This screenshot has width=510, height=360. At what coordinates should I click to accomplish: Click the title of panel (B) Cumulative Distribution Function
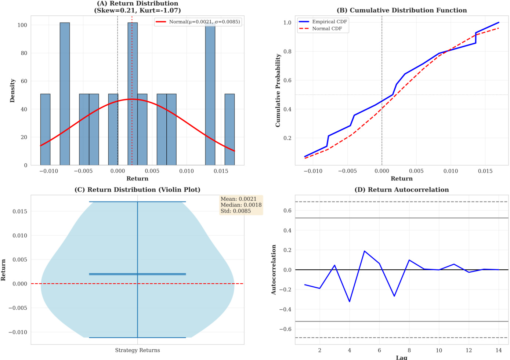[x=402, y=10]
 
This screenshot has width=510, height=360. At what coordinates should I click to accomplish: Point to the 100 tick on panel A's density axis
[x=22, y=25]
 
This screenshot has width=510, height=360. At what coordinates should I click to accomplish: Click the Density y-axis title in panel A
[x=12, y=90]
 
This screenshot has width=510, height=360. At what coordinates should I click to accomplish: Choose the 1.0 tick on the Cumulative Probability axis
[x=287, y=22]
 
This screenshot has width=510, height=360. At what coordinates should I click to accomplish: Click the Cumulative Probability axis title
[x=278, y=90]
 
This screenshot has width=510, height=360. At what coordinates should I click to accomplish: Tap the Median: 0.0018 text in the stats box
[x=241, y=205]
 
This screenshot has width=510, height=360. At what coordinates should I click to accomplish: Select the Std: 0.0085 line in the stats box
[x=236, y=211]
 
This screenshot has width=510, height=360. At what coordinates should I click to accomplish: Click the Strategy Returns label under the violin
[x=137, y=350]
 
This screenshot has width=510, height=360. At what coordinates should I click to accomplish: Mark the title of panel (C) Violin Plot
[x=137, y=190]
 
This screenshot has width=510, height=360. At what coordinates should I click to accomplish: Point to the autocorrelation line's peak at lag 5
[x=364, y=251]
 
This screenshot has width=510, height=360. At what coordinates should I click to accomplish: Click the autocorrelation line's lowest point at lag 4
[x=350, y=302]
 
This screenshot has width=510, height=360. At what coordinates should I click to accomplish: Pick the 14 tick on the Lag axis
[x=498, y=350]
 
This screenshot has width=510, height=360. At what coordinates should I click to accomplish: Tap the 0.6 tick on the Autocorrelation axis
[x=287, y=211]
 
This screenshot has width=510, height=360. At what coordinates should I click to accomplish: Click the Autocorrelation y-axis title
[x=274, y=270]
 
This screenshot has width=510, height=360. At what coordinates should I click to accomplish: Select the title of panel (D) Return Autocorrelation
[x=402, y=190]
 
